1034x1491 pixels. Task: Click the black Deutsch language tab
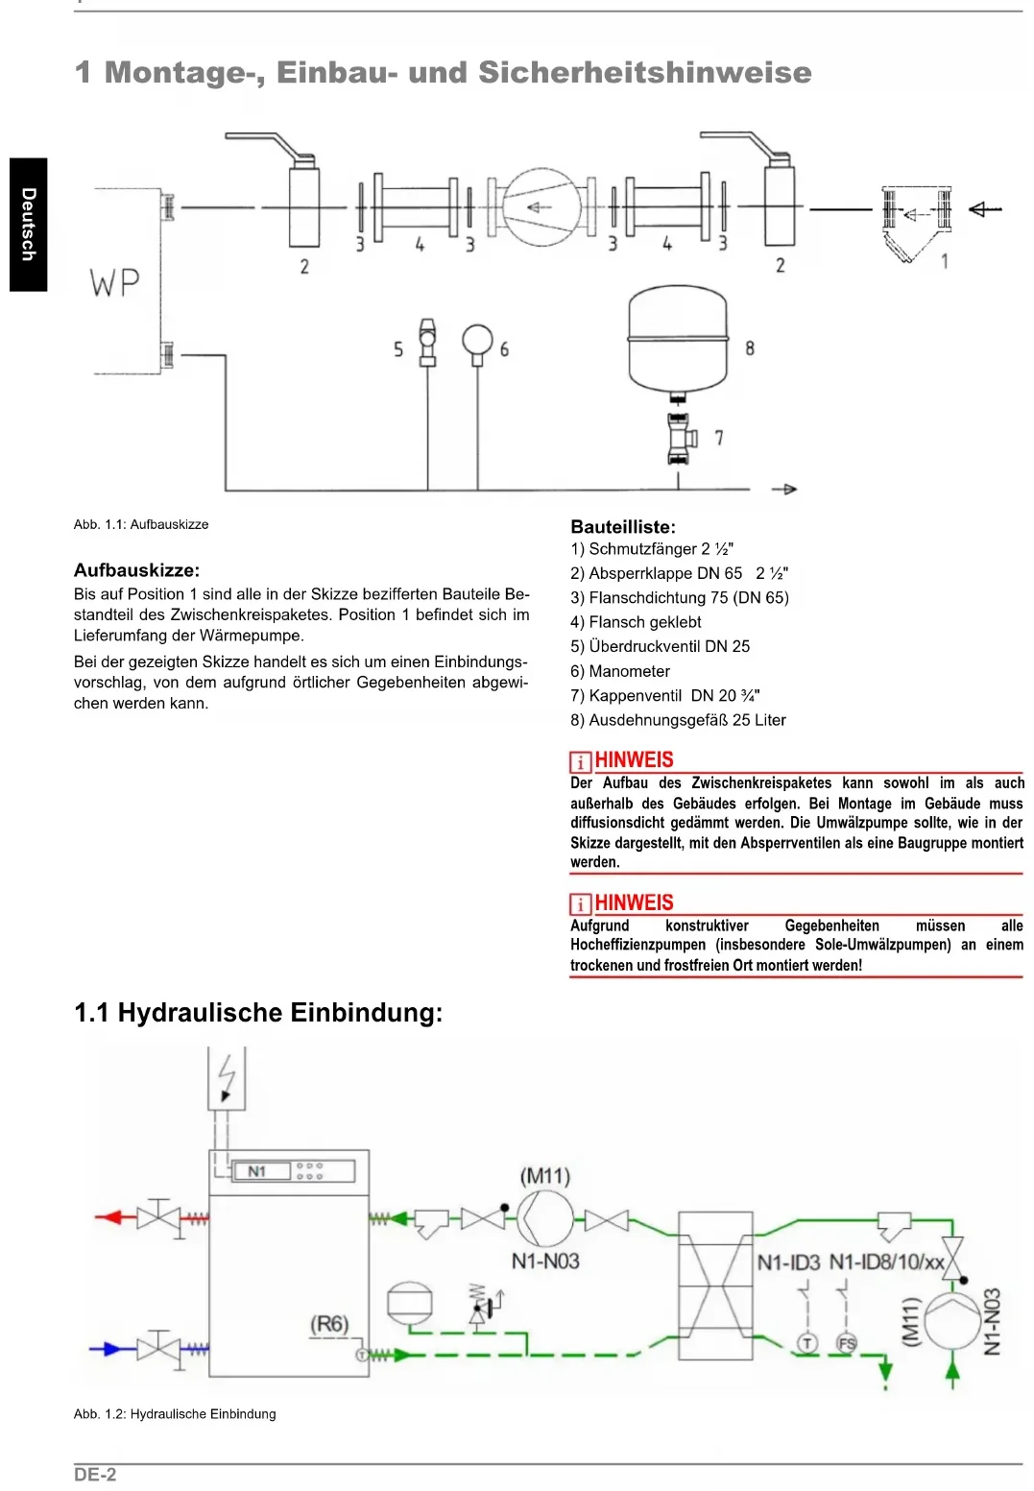(x=29, y=224)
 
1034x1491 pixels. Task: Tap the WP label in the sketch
(x=115, y=282)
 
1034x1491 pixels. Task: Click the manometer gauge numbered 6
(x=477, y=341)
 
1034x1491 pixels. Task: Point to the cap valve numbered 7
(x=680, y=438)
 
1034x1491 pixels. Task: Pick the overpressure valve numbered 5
(x=428, y=342)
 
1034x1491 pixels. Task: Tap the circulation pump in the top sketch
(x=541, y=206)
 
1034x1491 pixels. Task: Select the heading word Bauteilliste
(x=622, y=527)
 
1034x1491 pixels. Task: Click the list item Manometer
(x=629, y=671)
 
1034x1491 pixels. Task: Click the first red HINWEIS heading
(x=634, y=760)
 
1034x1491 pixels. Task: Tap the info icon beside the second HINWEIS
(x=580, y=904)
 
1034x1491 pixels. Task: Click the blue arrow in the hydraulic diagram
(x=108, y=1348)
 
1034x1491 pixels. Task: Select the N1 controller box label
(x=256, y=1171)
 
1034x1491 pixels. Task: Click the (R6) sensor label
(x=328, y=1325)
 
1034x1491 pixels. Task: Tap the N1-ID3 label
(x=788, y=1263)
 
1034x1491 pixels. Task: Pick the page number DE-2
(x=95, y=1475)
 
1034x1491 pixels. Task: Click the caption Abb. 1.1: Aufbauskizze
(x=141, y=524)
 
